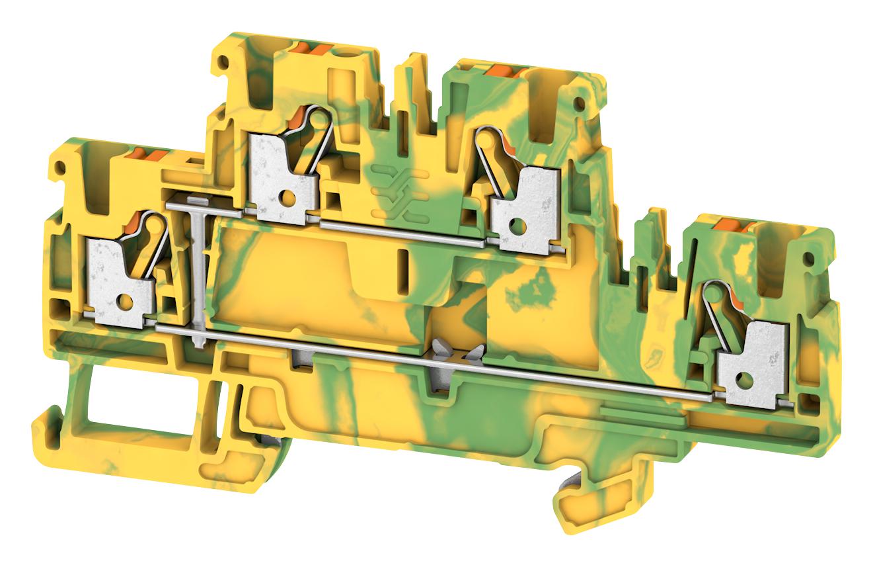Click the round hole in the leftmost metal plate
[x=124, y=302]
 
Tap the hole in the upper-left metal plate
[x=289, y=197]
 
